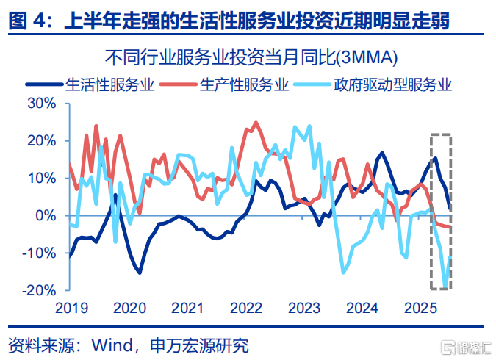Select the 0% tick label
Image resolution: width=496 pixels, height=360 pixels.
click(47, 215)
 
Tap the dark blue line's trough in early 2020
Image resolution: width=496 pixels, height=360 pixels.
click(140, 273)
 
